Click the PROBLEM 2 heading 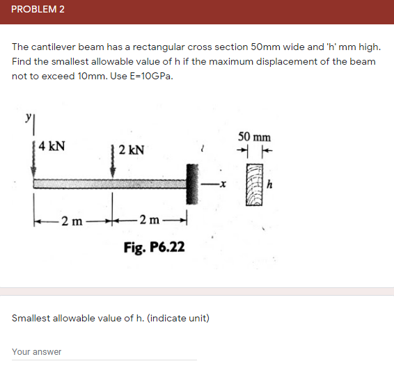click(x=38, y=11)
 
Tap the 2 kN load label click(x=132, y=150)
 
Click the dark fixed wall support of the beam click(x=191, y=183)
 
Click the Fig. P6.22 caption click(x=154, y=247)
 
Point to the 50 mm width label click(x=254, y=137)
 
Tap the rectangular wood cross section click(x=255, y=185)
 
